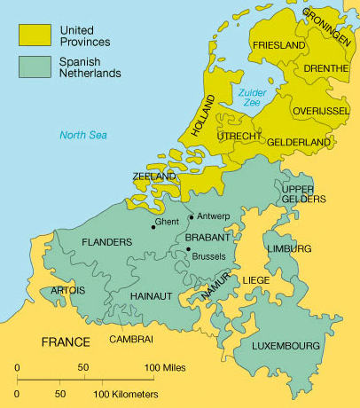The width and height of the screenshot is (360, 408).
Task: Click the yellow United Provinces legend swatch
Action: (35, 35)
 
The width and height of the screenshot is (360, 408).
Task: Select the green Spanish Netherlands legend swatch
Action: (35, 67)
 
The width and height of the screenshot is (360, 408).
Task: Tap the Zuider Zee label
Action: (252, 97)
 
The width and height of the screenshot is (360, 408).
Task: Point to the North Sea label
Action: (82, 136)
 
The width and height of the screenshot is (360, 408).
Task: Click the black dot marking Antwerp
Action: (192, 218)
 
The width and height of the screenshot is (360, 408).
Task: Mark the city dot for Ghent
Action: (153, 227)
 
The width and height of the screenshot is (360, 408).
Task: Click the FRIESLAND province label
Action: (278, 44)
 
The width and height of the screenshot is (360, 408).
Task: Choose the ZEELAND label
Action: (154, 177)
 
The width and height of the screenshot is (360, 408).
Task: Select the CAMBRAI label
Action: (131, 339)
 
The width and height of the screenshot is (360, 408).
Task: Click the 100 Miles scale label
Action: (165, 367)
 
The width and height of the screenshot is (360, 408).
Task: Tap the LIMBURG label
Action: (289, 249)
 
